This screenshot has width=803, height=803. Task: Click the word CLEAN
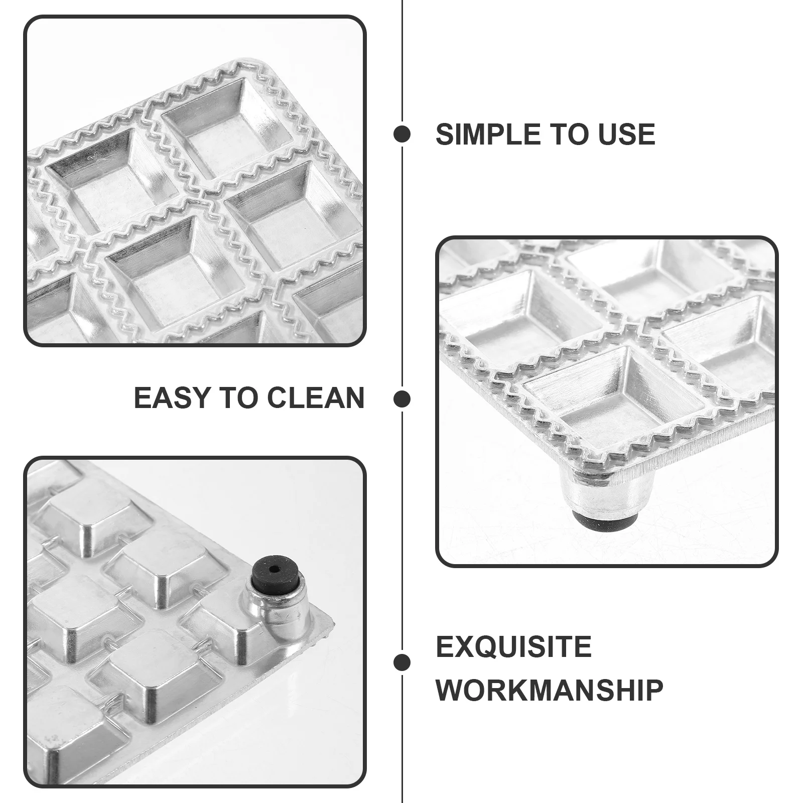(x=315, y=398)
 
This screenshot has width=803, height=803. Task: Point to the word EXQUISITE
(x=513, y=646)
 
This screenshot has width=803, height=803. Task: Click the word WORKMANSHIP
(x=549, y=690)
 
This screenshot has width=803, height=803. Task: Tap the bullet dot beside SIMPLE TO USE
(x=402, y=134)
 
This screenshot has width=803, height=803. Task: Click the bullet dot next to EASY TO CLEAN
(x=402, y=399)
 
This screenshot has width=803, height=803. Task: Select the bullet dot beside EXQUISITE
(x=402, y=662)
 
